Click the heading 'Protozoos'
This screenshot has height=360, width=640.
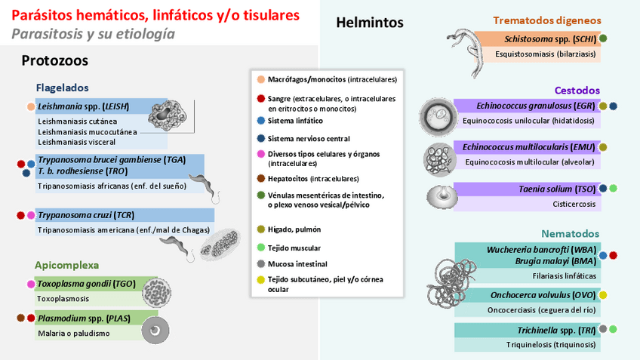tap(54, 61)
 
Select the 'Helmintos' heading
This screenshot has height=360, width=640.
tap(369, 23)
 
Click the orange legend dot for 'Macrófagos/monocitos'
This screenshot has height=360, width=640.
tap(260, 79)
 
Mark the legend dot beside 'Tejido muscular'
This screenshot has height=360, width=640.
tap(260, 248)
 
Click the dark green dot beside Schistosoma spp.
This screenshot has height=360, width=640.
tap(603, 38)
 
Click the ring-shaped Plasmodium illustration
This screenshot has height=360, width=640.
tap(157, 329)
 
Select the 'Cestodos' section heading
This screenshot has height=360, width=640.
tap(577, 91)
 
